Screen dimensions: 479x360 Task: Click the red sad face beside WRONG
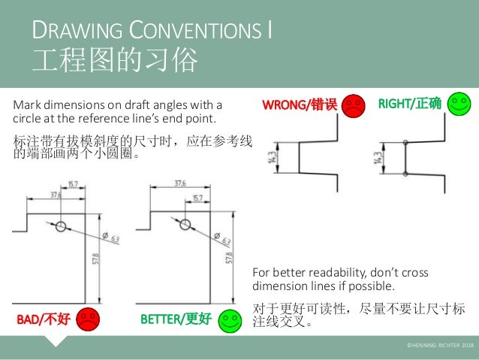point(353,105)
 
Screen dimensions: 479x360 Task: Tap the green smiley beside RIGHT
point(458,104)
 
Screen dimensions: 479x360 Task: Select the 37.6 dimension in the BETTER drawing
point(180,183)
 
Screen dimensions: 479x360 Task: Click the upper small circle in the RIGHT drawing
point(405,142)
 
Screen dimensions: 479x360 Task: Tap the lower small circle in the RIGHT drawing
point(405,174)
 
